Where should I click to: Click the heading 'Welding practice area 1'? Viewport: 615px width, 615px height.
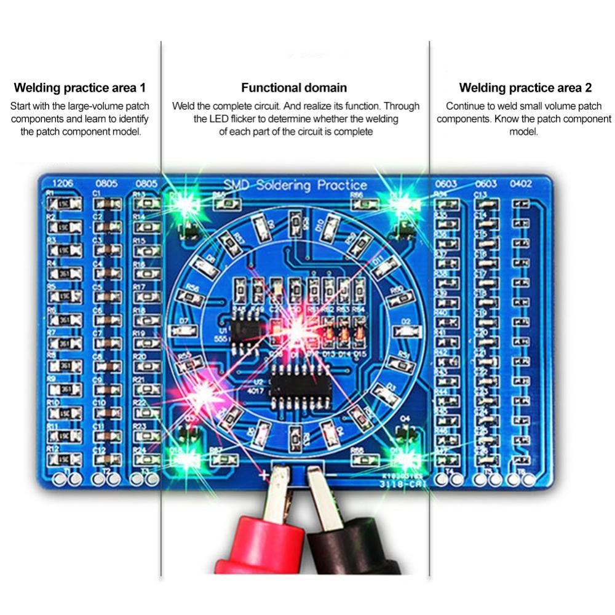tap(80, 88)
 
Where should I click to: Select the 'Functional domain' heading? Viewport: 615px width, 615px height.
tap(294, 88)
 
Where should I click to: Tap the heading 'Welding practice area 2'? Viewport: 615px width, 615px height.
tap(525, 88)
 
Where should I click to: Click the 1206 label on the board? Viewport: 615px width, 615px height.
tap(63, 183)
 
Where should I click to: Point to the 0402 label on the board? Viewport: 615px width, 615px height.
tap(522, 183)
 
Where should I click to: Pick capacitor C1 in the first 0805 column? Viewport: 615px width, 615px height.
tap(109, 203)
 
